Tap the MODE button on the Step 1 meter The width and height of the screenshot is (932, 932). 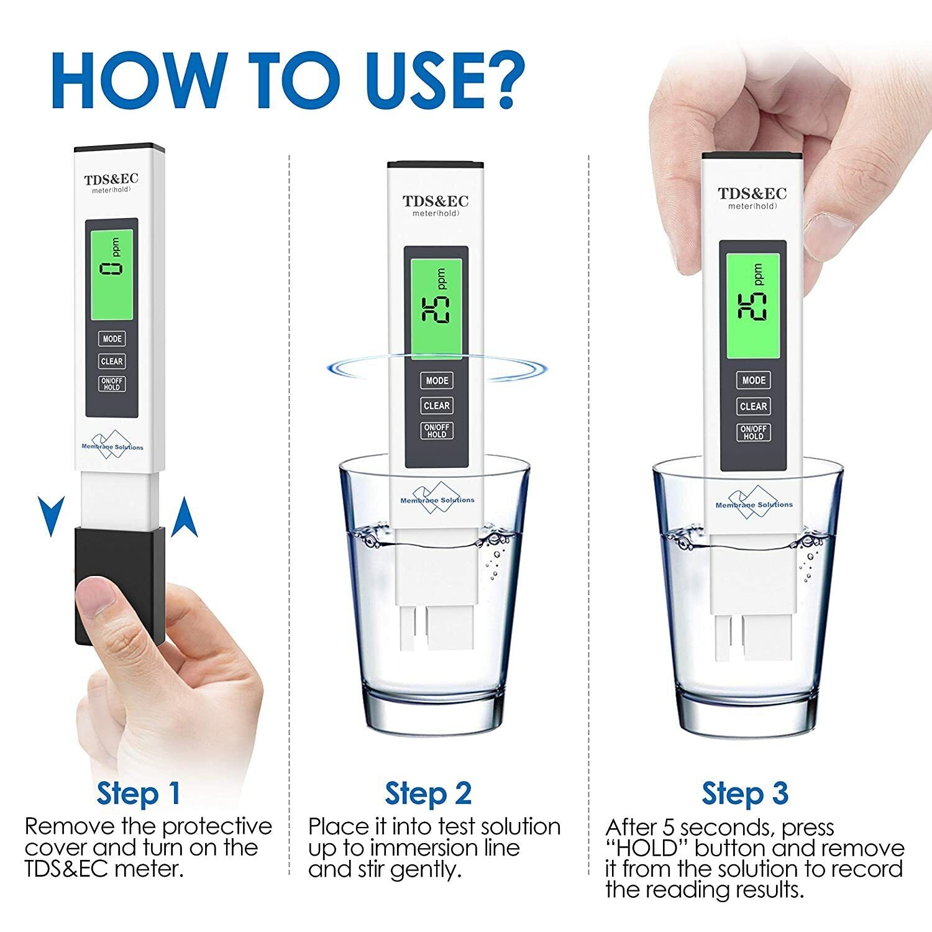[x=112, y=339]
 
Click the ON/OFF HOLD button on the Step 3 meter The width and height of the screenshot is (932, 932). [x=753, y=432]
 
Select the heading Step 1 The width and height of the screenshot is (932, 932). [x=139, y=793]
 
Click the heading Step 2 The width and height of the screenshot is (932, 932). [x=428, y=793]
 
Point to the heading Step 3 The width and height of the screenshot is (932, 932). [x=745, y=793]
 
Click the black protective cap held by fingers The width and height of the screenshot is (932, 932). [x=120, y=585]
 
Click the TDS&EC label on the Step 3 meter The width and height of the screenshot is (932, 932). [x=752, y=193]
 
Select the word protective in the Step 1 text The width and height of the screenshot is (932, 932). [x=217, y=827]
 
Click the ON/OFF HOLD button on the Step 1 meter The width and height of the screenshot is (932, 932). [x=112, y=384]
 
